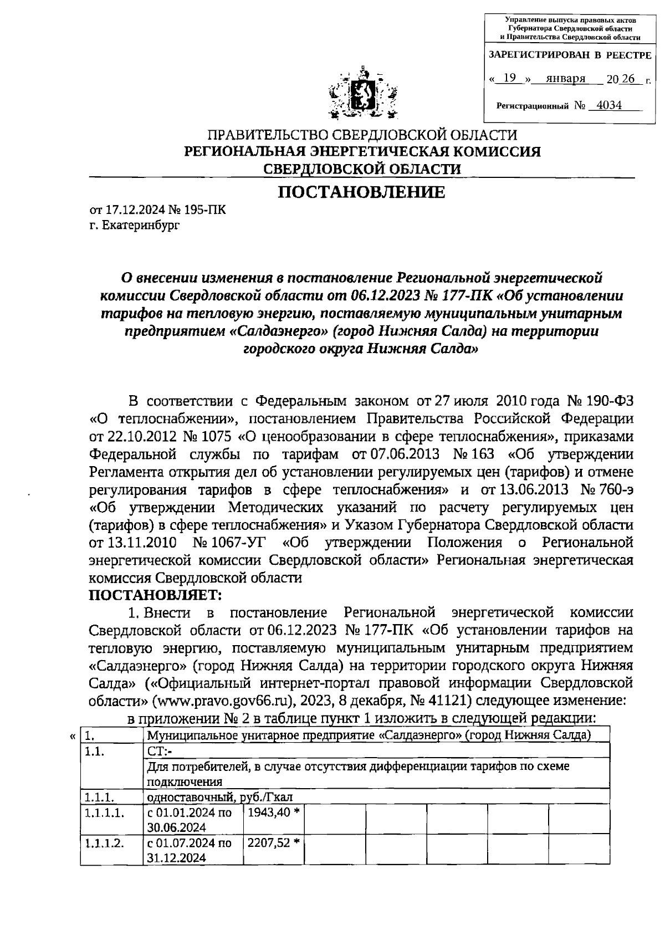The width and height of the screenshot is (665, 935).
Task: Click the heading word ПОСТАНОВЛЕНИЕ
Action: click(x=361, y=192)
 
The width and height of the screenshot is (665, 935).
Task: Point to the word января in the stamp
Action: click(x=566, y=79)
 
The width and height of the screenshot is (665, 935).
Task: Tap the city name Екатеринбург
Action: click(x=141, y=225)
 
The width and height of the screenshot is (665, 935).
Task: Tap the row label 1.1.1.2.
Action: click(x=105, y=843)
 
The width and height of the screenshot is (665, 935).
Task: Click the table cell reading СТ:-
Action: click(x=160, y=752)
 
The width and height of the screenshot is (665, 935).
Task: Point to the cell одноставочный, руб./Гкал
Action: click(x=219, y=797)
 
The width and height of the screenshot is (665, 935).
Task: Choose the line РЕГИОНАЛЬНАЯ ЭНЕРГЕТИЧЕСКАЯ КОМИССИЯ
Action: click(x=362, y=151)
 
